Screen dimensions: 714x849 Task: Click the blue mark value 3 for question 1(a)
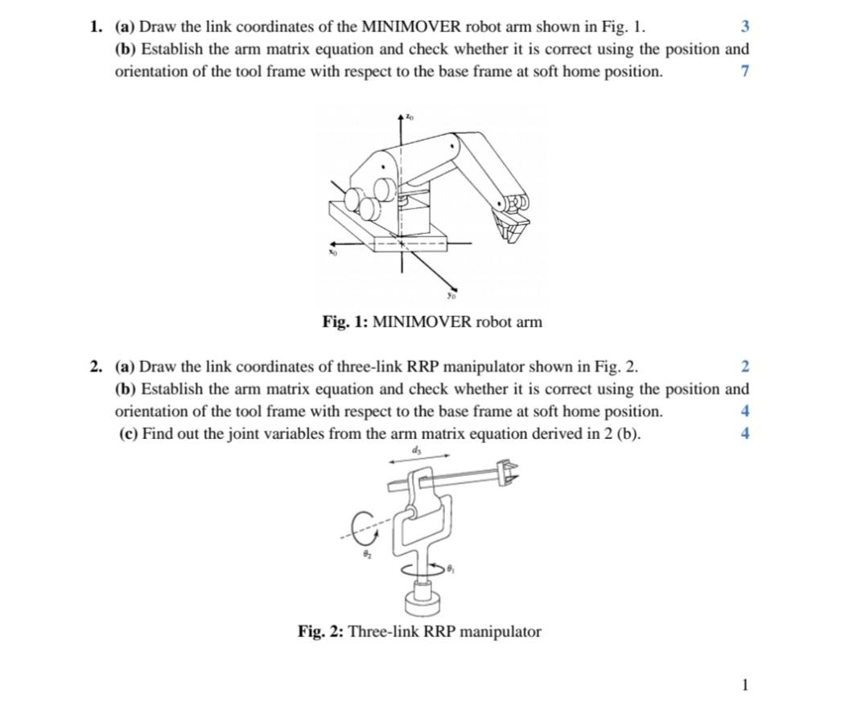coord(744,27)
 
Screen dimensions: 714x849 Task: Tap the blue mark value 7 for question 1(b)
coord(744,72)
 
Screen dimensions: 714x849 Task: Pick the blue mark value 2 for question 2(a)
coord(744,367)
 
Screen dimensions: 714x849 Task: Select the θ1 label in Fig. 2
coord(451,569)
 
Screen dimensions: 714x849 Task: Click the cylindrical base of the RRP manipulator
coord(422,599)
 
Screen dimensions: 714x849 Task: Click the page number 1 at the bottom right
coord(744,685)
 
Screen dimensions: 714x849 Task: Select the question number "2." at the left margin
coord(97,367)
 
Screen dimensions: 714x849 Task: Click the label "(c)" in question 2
coord(126,434)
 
